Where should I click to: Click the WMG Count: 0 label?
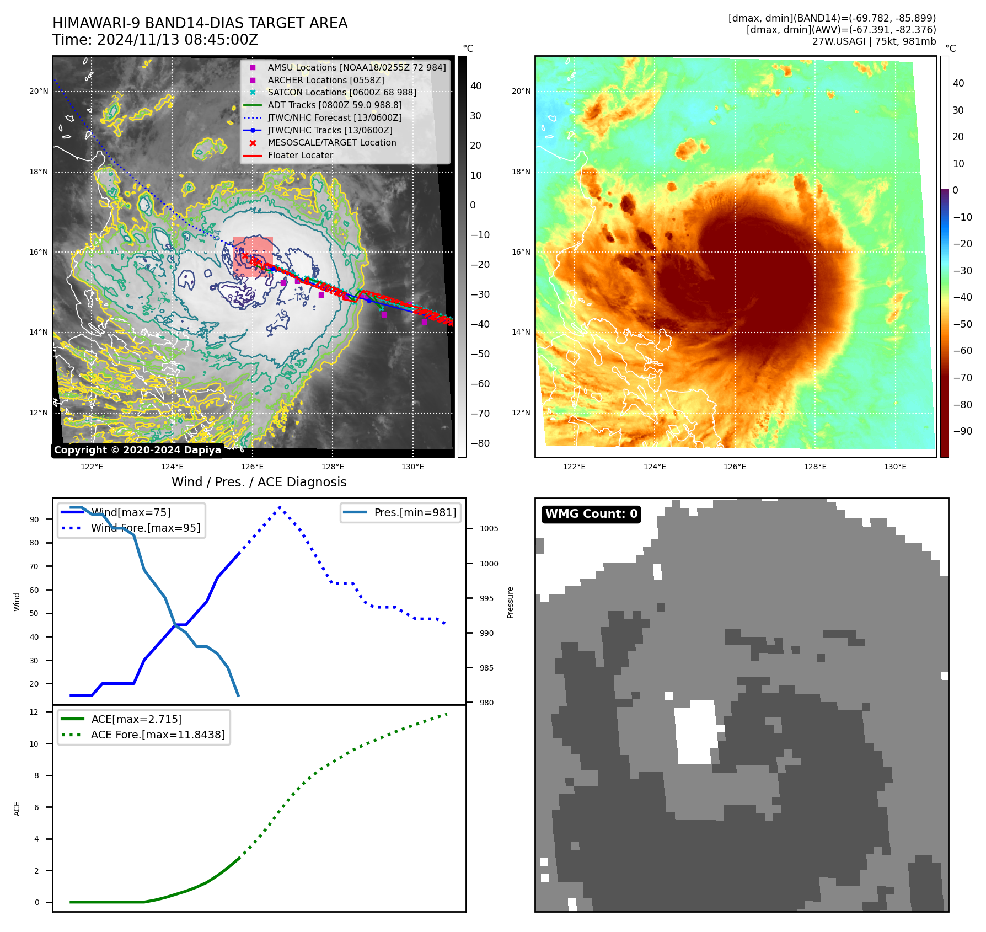tap(591, 514)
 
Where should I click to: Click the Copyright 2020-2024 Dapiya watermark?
tap(137, 450)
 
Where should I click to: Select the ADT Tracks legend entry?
tap(334, 105)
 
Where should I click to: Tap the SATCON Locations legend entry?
tap(341, 92)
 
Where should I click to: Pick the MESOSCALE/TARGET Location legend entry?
tap(331, 142)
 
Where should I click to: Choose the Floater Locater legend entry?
tap(300, 155)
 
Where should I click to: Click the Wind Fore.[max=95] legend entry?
tap(146, 528)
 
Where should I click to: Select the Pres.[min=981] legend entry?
tap(415, 512)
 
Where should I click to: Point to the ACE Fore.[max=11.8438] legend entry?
tap(158, 735)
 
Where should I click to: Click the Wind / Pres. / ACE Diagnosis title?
tap(259, 482)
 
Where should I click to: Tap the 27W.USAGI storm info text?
tap(874, 41)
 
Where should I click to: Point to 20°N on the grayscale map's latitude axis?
tap(39, 91)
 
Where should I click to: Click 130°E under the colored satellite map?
tap(895, 467)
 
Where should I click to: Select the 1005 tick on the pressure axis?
tap(489, 528)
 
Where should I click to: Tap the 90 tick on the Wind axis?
tap(34, 519)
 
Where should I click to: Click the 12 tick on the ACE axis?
tap(34, 712)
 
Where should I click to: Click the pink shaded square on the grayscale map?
tap(253, 256)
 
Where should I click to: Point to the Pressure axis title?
tap(510, 602)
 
